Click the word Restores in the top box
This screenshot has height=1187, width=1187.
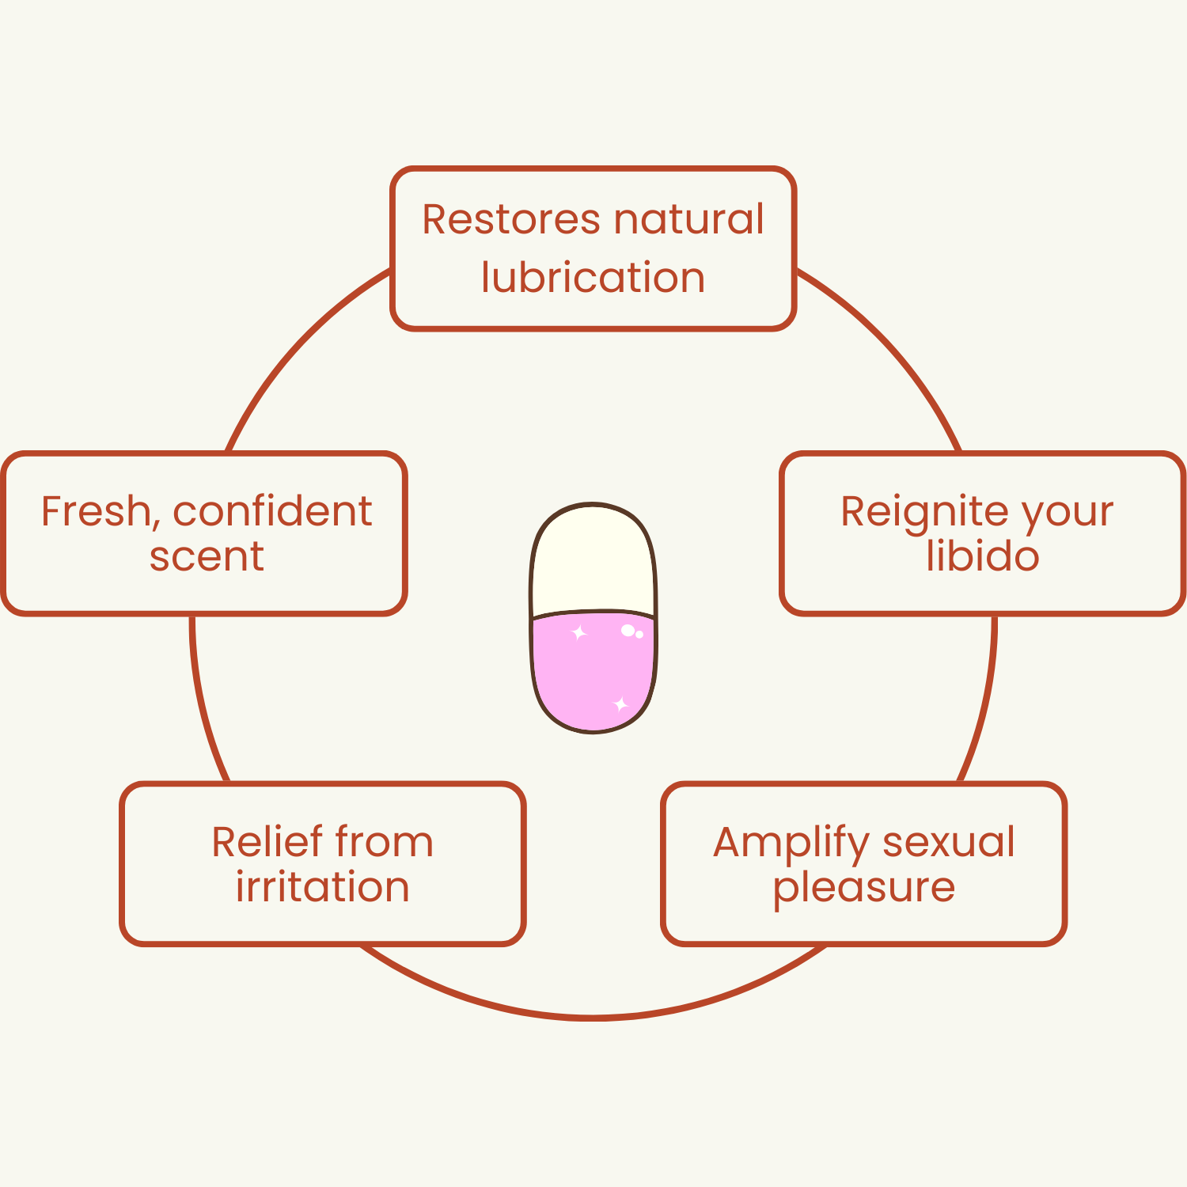pyautogui.click(x=510, y=220)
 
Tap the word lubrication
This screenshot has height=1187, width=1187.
pyautogui.click(x=593, y=278)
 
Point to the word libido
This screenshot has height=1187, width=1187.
pyautogui.click(x=982, y=556)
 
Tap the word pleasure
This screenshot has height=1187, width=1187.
pyautogui.click(x=863, y=888)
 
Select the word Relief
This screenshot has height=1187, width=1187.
pyautogui.click(x=267, y=842)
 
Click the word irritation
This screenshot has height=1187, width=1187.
pyautogui.click(x=322, y=887)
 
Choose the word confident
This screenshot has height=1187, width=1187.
pyautogui.click(x=272, y=511)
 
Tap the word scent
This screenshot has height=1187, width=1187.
pyautogui.click(x=207, y=556)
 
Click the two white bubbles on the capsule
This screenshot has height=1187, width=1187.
pyautogui.click(x=631, y=631)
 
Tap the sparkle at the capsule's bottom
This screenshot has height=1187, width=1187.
pyautogui.click(x=620, y=703)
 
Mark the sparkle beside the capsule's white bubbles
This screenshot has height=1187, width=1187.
pyautogui.click(x=579, y=633)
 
